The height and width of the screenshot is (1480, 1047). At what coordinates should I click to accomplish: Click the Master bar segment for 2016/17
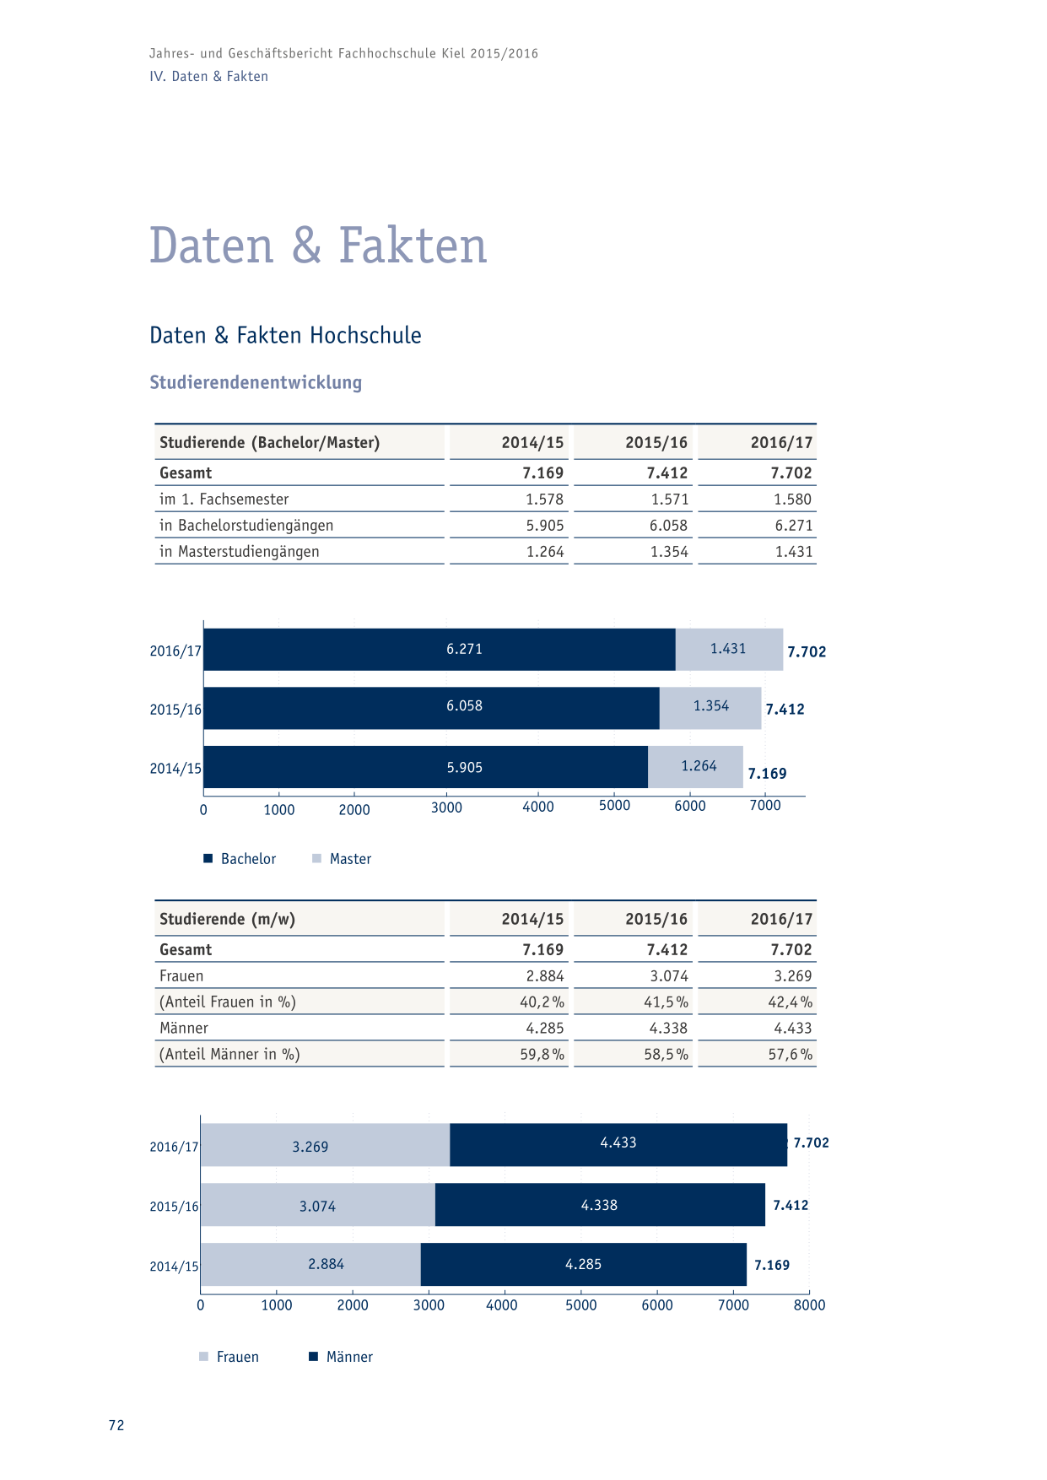(729, 649)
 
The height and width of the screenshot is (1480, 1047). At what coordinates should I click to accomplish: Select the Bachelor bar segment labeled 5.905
(426, 767)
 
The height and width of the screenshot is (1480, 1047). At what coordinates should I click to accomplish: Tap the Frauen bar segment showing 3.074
(318, 1205)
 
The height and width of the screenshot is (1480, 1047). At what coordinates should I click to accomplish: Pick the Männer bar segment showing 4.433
(618, 1144)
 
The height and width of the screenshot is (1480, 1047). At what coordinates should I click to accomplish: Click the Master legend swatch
(316, 858)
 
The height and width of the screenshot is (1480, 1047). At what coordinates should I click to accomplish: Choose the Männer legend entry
(341, 1357)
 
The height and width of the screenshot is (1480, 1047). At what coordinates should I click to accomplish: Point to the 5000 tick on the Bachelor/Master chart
(614, 806)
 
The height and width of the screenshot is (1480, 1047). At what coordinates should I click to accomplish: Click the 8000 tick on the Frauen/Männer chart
(809, 1305)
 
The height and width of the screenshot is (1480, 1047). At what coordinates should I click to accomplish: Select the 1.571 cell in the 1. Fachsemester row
(669, 500)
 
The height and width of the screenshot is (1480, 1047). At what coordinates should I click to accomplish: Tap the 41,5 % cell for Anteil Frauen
(666, 1002)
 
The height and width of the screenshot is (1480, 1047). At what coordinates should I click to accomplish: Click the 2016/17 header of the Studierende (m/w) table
(781, 919)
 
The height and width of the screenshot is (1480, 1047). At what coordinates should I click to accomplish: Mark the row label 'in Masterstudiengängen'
(240, 552)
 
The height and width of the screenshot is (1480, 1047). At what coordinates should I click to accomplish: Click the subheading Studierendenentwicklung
(256, 382)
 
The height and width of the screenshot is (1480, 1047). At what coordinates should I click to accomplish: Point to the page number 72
(116, 1425)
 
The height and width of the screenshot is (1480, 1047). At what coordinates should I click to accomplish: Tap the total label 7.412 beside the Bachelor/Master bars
(785, 710)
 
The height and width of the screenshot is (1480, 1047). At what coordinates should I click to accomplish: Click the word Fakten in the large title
(413, 246)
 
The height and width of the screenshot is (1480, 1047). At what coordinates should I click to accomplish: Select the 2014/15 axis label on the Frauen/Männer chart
(174, 1267)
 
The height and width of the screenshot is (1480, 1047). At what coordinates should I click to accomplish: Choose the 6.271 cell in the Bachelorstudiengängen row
(794, 526)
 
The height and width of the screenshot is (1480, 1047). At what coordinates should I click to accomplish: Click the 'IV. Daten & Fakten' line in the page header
(208, 76)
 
